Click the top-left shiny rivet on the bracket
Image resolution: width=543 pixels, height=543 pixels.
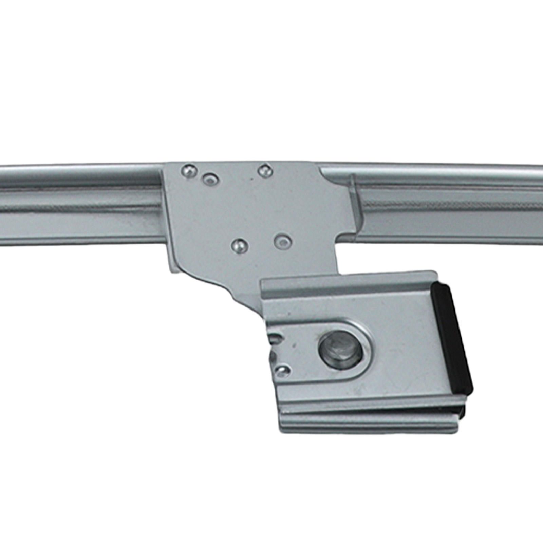(x=189, y=170)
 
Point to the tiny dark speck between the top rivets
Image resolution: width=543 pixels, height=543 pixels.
(x=250, y=178)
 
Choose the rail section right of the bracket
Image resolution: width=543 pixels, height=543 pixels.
(x=451, y=207)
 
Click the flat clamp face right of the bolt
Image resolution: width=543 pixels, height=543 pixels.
(x=407, y=353)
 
